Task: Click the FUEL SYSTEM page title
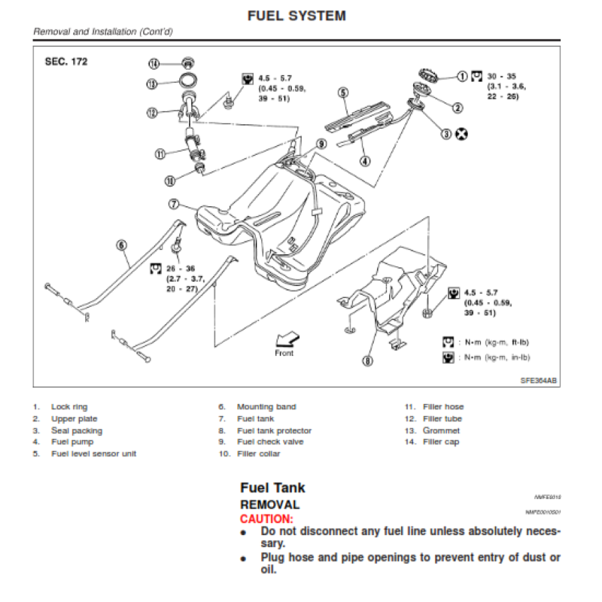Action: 296,15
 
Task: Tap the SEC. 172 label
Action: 66,62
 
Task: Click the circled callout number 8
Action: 367,360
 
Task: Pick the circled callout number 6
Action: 121,245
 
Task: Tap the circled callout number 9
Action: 321,144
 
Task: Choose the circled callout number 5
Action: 343,93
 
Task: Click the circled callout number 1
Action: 461,75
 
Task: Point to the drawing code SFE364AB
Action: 539,381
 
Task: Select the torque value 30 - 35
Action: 502,76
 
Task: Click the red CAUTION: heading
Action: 266,519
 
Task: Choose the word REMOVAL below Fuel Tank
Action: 269,505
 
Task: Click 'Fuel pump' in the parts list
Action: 70,442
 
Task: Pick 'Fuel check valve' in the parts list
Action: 269,442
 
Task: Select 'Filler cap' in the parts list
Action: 441,442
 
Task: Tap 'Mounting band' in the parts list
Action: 266,406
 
